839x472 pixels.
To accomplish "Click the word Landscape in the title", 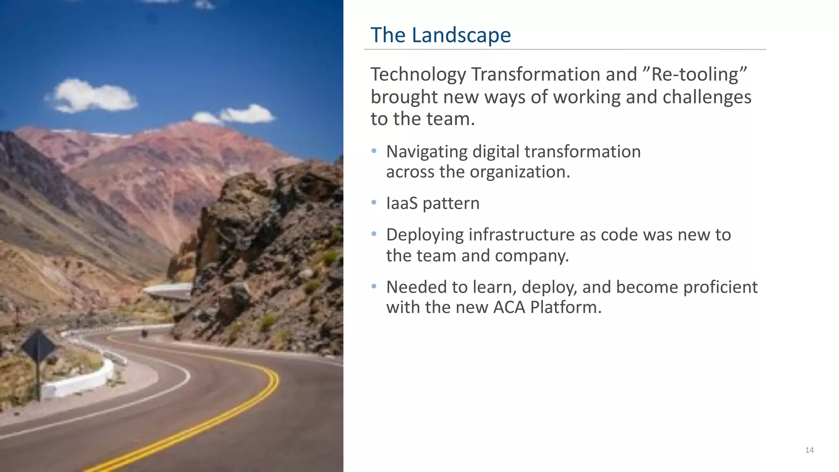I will point(461,35).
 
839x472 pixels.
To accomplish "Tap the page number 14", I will point(809,450).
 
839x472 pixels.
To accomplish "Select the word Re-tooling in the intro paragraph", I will point(699,75).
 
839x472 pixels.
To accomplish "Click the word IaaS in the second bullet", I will point(401,204).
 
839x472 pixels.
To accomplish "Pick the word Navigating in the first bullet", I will point(426,152).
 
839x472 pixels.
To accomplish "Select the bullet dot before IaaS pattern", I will point(374,202).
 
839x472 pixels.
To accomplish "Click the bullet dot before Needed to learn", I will point(374,286).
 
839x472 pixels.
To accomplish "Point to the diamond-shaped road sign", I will point(38,347).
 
